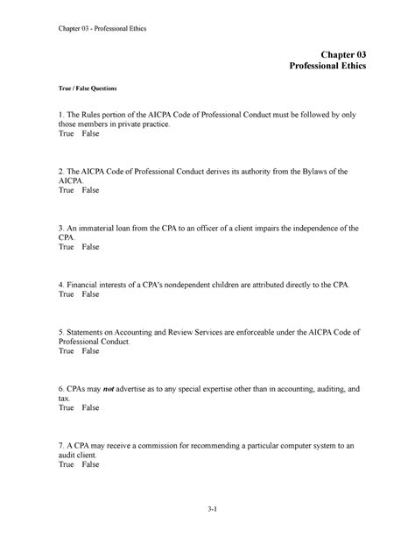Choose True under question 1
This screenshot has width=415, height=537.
(67, 137)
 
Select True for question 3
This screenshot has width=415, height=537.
(67, 248)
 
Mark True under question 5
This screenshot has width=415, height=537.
(67, 352)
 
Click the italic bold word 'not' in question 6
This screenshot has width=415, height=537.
(110, 387)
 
